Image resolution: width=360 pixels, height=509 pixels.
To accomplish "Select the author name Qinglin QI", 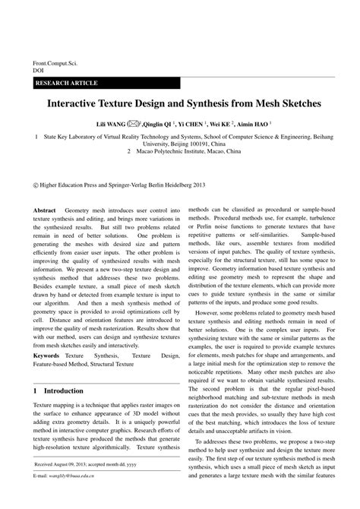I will (161, 122).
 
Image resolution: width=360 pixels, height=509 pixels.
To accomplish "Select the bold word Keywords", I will (46, 355).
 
